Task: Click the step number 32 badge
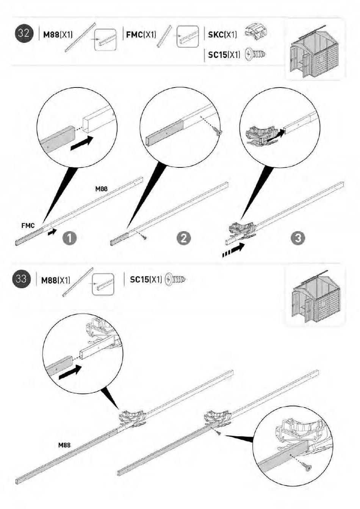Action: [24, 34]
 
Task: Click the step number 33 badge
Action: [21, 278]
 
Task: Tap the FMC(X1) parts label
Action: [141, 34]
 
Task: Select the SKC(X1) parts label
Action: [222, 34]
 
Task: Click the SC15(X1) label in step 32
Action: [224, 55]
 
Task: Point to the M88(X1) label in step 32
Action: [58, 34]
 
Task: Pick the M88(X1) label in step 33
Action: [55, 280]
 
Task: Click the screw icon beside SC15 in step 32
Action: [255, 54]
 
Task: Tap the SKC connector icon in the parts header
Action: [256, 33]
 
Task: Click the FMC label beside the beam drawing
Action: [28, 225]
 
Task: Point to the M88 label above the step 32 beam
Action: [102, 189]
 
